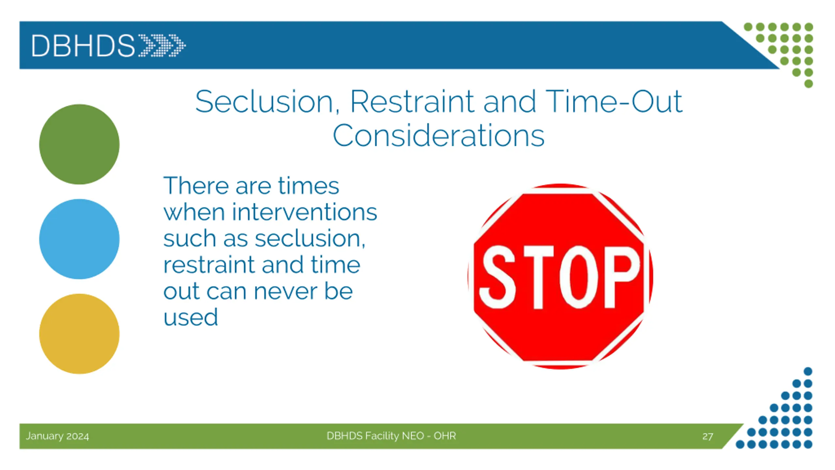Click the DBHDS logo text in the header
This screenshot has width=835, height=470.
[83, 46]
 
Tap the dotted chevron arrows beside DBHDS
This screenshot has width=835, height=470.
[162, 45]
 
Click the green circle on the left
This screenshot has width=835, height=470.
[79, 144]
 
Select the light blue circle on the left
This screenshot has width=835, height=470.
[79, 239]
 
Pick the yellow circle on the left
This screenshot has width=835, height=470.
[79, 334]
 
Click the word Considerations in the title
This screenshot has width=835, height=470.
[438, 135]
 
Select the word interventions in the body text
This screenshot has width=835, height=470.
[304, 212]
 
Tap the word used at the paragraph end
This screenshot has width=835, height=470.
[190, 317]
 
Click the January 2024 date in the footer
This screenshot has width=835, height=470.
[57, 436]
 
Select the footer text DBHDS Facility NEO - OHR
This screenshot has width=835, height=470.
[391, 436]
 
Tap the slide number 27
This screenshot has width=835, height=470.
[708, 436]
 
